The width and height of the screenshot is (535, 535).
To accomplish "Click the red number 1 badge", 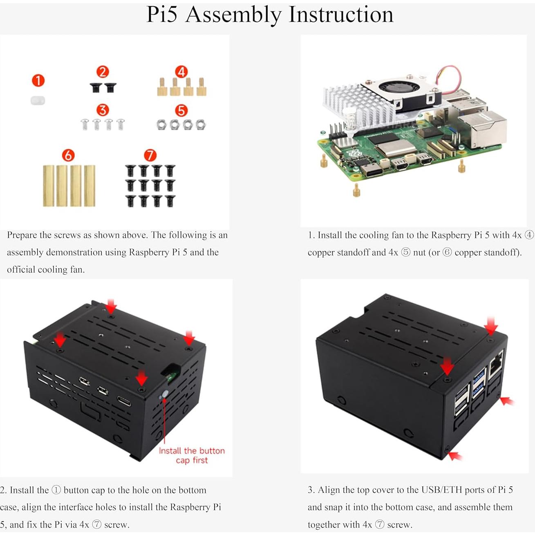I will pos(38,80).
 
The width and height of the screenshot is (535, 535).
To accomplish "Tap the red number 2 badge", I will pos(103,72).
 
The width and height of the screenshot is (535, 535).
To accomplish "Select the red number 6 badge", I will pos(68,155).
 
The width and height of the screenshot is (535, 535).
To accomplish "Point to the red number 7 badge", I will pos(150,155).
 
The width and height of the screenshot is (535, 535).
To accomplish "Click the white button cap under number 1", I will pos(38,100).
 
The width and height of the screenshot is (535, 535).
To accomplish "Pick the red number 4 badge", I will pos(181,72).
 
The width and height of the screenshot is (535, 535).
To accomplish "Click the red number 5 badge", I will pos(181,110).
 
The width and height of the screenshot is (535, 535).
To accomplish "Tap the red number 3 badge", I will pos(103,110).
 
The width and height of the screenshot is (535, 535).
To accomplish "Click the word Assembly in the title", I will pos(233,15).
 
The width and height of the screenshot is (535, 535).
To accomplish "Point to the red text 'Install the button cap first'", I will pos(192,455).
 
